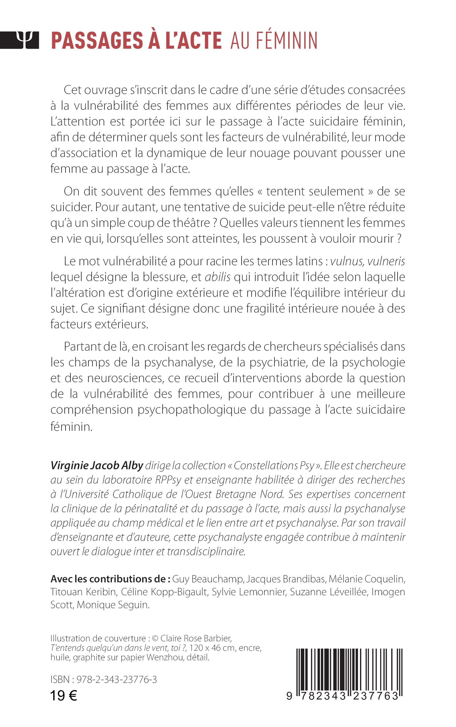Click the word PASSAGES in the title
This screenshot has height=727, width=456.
point(97,41)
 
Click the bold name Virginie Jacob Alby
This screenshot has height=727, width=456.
point(96,466)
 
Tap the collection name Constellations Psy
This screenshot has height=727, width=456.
point(274,466)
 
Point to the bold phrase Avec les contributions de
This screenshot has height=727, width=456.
point(110,579)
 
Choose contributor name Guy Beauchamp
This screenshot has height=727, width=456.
point(208,579)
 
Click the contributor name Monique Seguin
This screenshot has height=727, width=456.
point(113,605)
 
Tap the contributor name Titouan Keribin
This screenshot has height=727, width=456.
point(83,592)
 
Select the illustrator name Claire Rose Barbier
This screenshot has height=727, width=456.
point(196,638)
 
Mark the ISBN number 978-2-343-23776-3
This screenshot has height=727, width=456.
point(117,679)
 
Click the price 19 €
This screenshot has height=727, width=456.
point(64,696)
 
